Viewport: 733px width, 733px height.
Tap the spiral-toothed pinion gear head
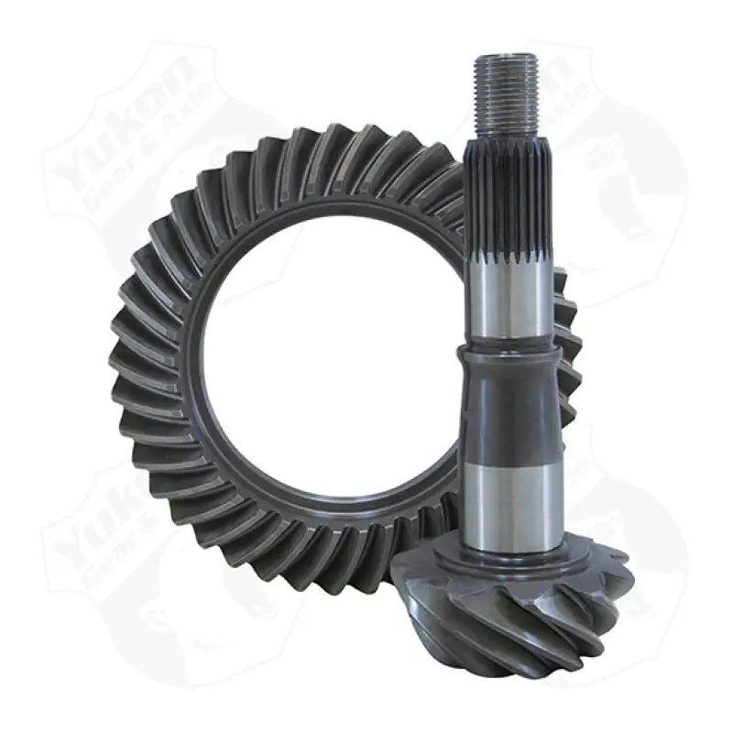(x=513, y=605)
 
